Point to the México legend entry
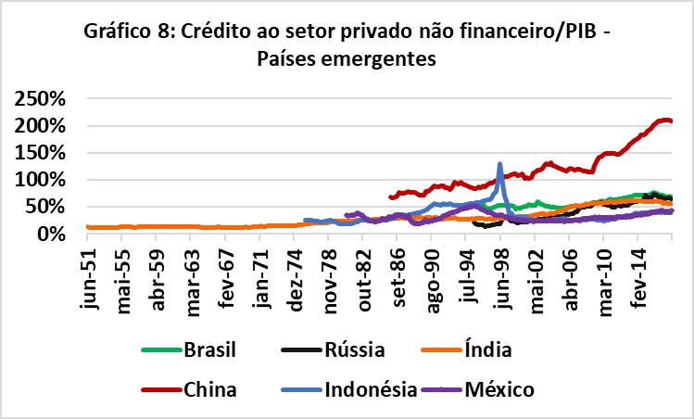(501, 390)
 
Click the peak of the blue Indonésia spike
(500, 164)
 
